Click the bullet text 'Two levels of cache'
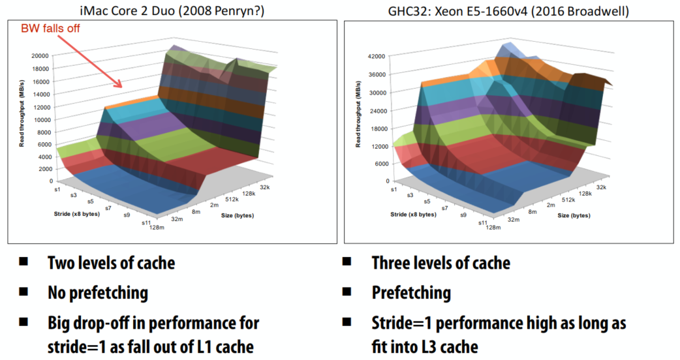[111, 263]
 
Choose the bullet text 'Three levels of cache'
[440, 263]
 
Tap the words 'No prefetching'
[97, 293]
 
